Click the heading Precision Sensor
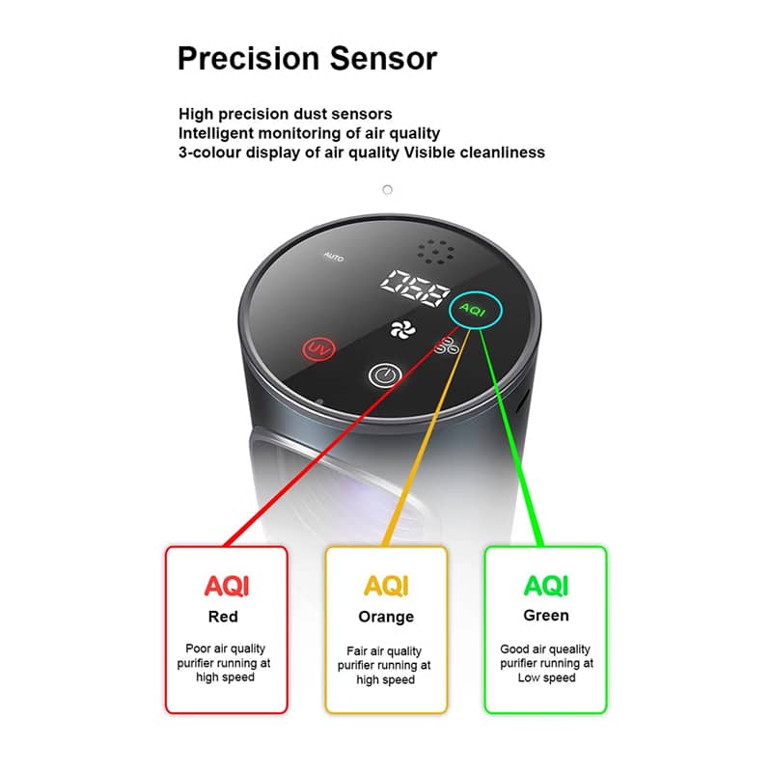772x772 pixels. coord(307,59)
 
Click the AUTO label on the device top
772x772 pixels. coord(333,258)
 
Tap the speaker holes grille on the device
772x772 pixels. coord(437,251)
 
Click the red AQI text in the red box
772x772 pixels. coord(226,585)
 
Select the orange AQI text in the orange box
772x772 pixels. coord(386,586)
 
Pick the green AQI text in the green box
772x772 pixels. coord(545,585)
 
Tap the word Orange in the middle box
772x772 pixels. coord(386,617)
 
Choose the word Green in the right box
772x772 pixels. coord(546,616)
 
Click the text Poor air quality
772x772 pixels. coord(225,648)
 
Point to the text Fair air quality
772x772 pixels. coord(385,651)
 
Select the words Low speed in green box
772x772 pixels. coord(546,677)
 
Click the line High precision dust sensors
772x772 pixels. coord(285,114)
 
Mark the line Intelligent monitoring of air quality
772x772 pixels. coord(309,133)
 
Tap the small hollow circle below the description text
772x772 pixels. coord(387,189)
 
